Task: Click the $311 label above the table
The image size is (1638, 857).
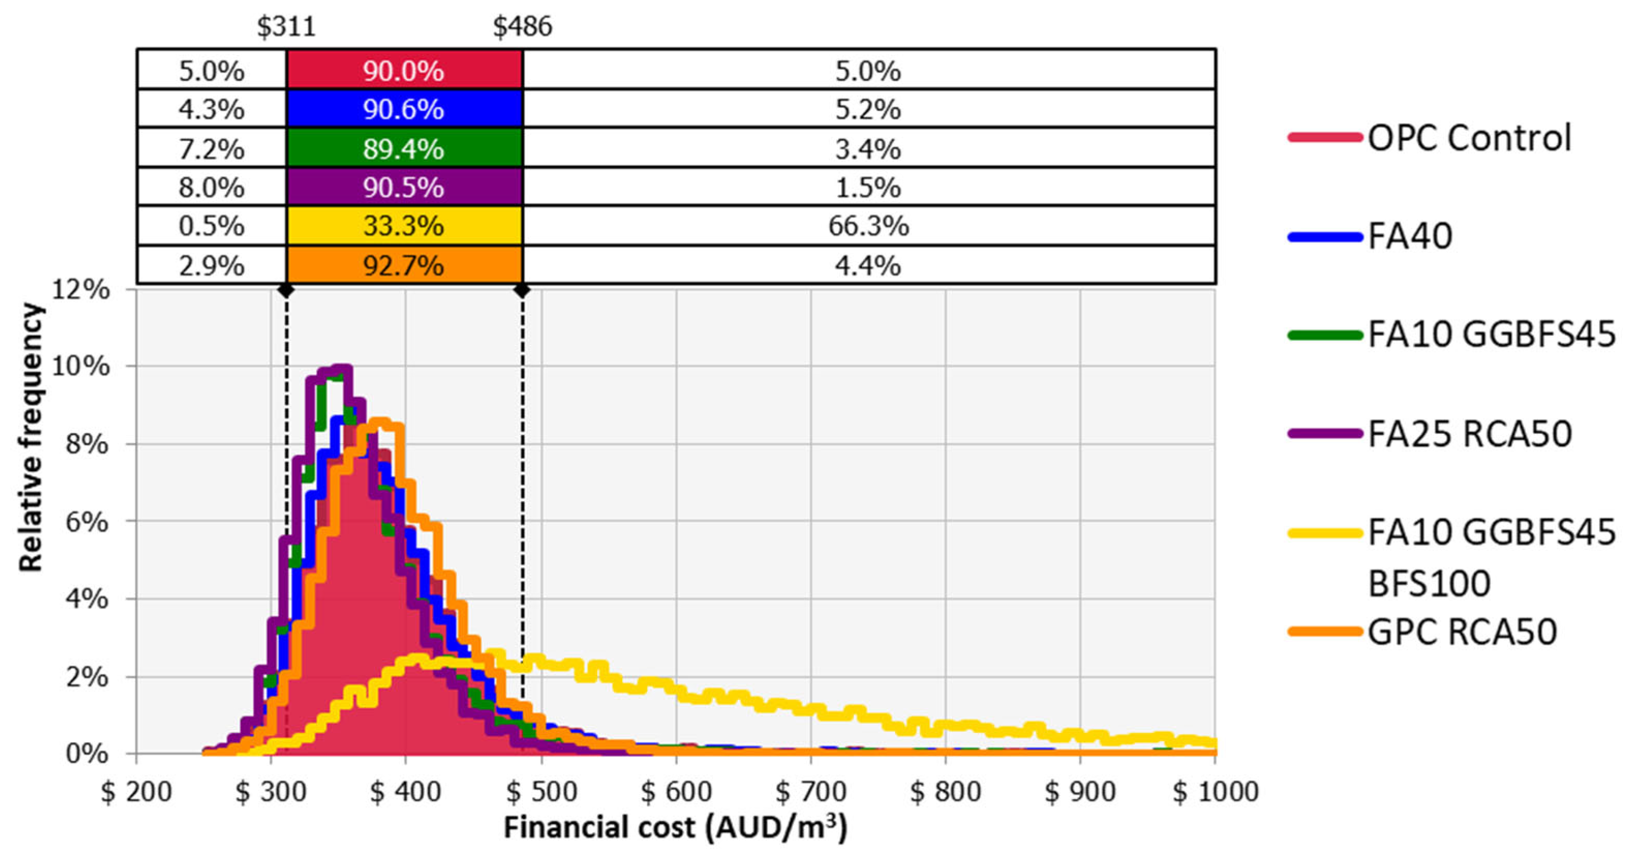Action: [286, 27]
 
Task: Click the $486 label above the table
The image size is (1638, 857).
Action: [523, 27]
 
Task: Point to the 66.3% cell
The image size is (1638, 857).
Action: [868, 226]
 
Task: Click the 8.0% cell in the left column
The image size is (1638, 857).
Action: [211, 188]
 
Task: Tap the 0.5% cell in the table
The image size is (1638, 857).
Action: [211, 226]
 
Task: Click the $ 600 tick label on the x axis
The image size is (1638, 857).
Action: [676, 792]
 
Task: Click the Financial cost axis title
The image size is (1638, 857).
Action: [675, 828]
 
